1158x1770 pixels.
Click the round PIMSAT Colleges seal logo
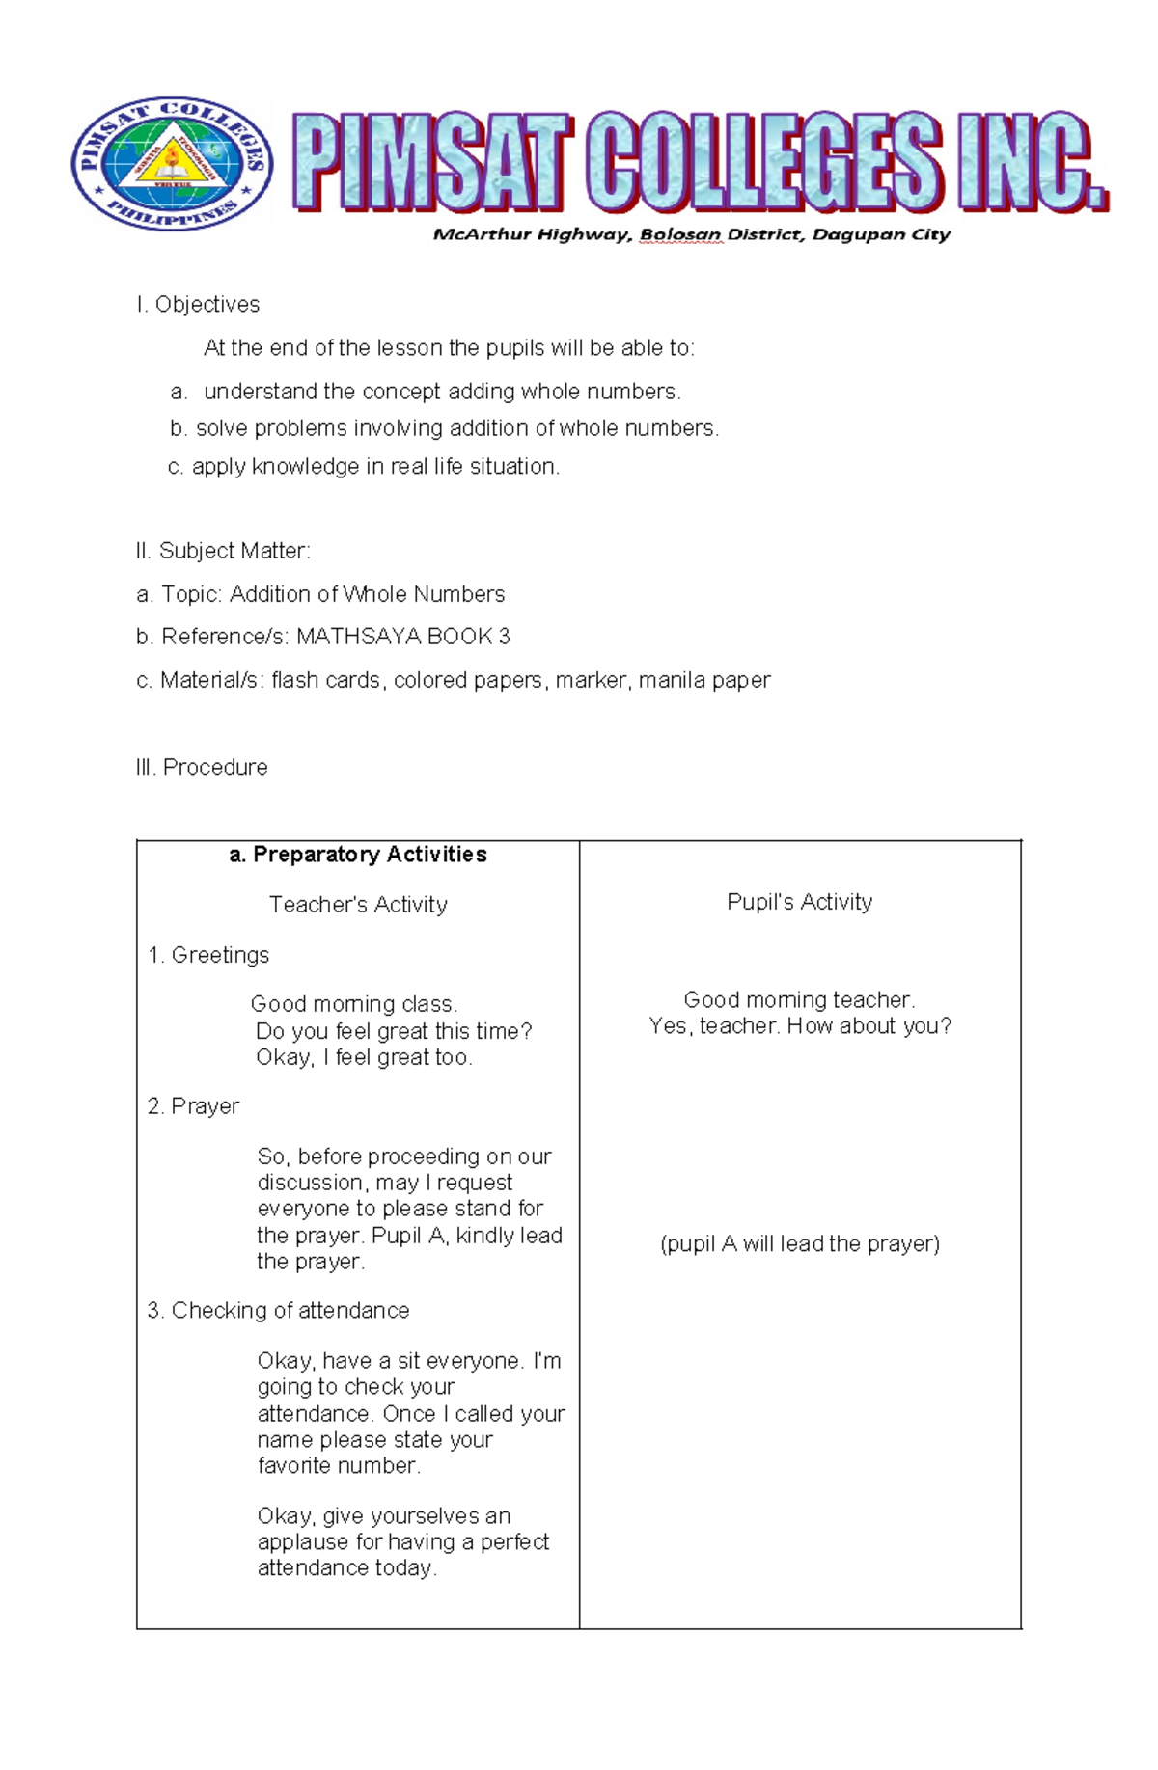click(x=172, y=163)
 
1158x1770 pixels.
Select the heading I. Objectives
click(x=198, y=305)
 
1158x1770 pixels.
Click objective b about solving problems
click(x=444, y=428)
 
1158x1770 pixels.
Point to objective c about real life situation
click(x=364, y=467)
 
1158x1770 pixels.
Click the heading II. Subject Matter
click(x=223, y=551)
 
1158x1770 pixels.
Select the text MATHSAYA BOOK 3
click(x=402, y=637)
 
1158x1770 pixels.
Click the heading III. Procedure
click(x=202, y=767)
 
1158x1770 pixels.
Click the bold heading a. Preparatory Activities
click(x=358, y=855)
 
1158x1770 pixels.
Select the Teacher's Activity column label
click(x=358, y=905)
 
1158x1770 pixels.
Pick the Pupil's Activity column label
click(x=799, y=902)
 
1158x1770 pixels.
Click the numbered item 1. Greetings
click(x=208, y=955)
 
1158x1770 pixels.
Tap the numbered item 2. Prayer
click(x=193, y=1106)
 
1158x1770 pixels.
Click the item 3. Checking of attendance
click(x=278, y=1311)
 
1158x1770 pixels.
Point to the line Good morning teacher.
click(x=799, y=1000)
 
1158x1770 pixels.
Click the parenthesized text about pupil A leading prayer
click(x=799, y=1244)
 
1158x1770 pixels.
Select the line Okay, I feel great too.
click(x=364, y=1058)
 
